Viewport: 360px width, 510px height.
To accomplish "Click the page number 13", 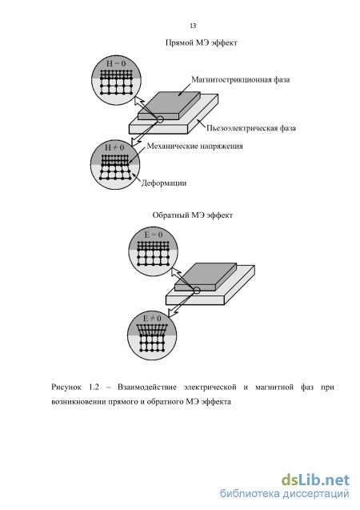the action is pos(193,26).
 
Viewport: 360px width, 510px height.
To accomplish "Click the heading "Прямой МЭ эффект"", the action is pos(201,43).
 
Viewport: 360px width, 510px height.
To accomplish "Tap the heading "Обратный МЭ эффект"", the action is pos(193,215).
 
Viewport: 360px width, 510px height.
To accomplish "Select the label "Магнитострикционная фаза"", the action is pos(241,80).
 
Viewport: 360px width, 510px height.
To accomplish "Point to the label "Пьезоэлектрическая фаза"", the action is pos(251,128).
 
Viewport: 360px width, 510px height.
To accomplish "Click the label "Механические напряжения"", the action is pos(195,146).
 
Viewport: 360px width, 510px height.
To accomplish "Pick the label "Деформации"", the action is pos(164,183).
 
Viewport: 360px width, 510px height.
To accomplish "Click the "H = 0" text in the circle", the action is pos(115,63).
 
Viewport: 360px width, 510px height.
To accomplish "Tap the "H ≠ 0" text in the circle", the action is pos(114,147).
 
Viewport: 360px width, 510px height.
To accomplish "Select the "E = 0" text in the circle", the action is pos(153,235).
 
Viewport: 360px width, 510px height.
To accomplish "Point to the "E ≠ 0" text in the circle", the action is pos(152,318).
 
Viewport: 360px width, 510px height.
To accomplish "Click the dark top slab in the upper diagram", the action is pos(169,105).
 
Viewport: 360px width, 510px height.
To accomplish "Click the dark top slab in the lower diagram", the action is pos(206,276).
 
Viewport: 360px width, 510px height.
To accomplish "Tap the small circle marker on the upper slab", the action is pos(160,119).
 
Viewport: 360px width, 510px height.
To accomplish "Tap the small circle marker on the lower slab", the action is pos(196,291).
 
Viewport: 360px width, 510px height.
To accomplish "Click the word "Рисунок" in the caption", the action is pos(66,387).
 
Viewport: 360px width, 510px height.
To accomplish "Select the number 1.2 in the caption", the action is pos(94,387).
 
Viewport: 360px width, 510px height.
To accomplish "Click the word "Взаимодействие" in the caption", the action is pos(147,387).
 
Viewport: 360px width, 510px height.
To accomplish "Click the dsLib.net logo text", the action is pos(315,480).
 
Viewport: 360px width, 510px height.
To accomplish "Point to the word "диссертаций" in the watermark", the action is pos(316,494).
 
